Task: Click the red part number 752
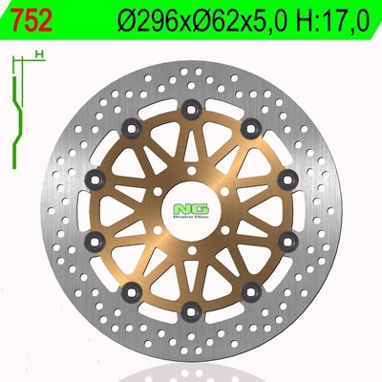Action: [x=32, y=20]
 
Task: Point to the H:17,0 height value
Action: [x=331, y=21]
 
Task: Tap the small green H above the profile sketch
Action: [x=39, y=54]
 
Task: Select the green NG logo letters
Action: [x=191, y=209]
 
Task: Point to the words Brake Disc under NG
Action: [x=191, y=218]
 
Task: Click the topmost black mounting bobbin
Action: [x=191, y=110]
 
